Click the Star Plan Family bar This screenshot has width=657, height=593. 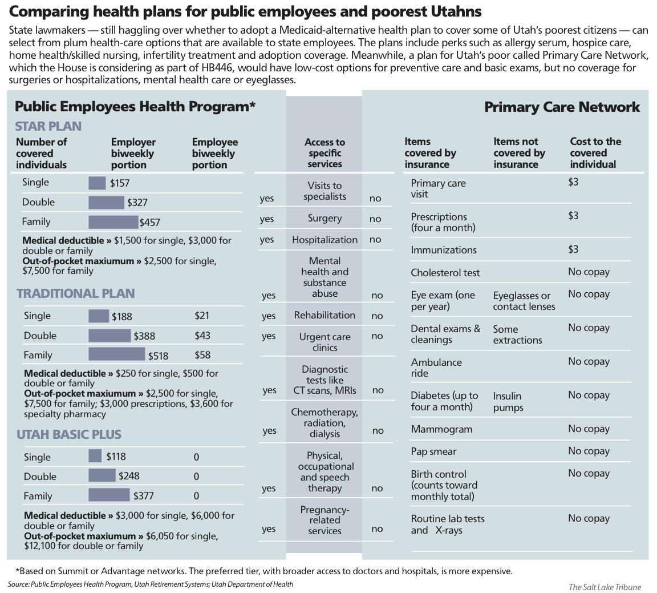coord(113,221)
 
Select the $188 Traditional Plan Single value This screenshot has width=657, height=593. coord(121,317)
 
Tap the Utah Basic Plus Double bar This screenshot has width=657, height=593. coord(102,475)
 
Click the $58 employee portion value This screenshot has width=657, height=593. coord(202,355)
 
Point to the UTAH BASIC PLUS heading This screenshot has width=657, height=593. coord(69,434)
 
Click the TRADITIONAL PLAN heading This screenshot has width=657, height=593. coord(76,293)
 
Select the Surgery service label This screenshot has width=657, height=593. coord(325,218)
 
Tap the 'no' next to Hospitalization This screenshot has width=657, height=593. coord(375,240)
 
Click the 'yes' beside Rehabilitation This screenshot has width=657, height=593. coord(268,316)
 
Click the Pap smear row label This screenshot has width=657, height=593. coord(433,451)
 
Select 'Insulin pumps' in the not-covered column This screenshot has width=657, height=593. coord(508,402)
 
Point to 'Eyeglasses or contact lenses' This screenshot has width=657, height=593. coord(524,301)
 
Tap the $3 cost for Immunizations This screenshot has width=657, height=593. coord(573,249)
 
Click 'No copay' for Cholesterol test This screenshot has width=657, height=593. coord(589,272)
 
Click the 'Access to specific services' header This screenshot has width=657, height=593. coord(325,153)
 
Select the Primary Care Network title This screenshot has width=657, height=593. coord(562,107)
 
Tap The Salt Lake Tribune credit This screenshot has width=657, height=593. coord(605,587)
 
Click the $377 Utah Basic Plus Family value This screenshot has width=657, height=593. coord(143,496)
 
